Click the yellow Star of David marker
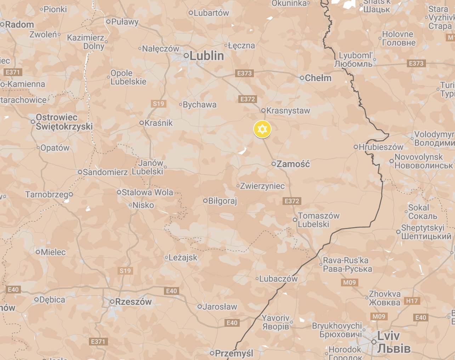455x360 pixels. [x=262, y=129]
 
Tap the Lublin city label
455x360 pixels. [x=207, y=56]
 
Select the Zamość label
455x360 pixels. [x=293, y=164]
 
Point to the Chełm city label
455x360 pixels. [x=318, y=78]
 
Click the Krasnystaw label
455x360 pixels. [x=288, y=110]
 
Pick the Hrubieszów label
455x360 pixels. [x=381, y=147]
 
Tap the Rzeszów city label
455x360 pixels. [x=133, y=302]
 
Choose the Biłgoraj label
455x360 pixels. [x=222, y=201]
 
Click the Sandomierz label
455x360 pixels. [x=105, y=172]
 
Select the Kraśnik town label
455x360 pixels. [x=159, y=123]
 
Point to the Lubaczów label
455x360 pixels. [x=278, y=279]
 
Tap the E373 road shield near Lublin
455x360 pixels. [x=244, y=73]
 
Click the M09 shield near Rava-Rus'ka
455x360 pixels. [x=349, y=282]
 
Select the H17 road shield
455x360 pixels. [x=412, y=301]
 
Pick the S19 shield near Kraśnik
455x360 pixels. [x=158, y=104]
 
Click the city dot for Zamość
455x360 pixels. [x=274, y=164]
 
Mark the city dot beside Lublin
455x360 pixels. [x=186, y=56]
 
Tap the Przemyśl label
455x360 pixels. [x=234, y=353]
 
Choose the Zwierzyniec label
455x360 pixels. [x=262, y=186]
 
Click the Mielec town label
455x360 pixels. [x=53, y=252]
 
